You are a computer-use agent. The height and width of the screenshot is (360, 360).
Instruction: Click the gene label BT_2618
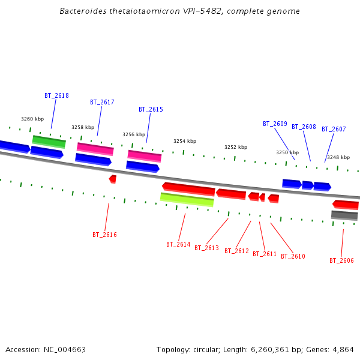[x=56, y=96]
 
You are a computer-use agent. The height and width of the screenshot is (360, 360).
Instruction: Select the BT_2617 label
[x=102, y=103]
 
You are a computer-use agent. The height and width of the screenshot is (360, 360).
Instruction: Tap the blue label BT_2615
[x=151, y=110]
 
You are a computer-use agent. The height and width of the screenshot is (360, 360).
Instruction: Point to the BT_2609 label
[x=275, y=124]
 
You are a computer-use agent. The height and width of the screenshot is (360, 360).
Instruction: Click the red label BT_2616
[x=104, y=235]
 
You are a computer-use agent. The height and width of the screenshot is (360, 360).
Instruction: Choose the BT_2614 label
[x=178, y=245]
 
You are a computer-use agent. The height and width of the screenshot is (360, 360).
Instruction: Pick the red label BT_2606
[x=341, y=261]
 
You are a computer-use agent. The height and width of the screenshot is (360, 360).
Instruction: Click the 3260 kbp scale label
[x=32, y=119]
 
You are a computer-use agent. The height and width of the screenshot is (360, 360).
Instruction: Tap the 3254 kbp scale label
[x=185, y=142]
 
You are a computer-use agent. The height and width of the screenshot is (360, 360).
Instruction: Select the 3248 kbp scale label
[x=338, y=158]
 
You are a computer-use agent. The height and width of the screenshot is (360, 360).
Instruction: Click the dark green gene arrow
[x=49, y=142]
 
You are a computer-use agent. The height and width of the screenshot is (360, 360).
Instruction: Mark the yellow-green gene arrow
[x=187, y=199]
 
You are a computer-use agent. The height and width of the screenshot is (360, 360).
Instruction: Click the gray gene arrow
[x=344, y=215]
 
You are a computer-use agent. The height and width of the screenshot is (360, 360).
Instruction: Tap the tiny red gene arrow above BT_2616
[x=112, y=179]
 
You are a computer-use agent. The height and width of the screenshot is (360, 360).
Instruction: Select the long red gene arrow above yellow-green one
[x=188, y=188]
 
